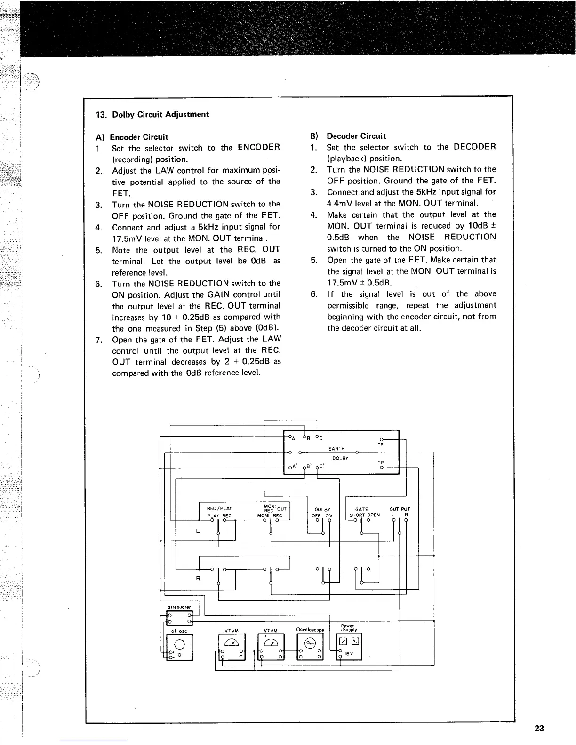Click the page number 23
click(x=539, y=729)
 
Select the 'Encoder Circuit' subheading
click(x=139, y=137)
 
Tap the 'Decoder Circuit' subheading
click(x=356, y=136)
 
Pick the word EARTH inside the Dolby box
click(x=336, y=449)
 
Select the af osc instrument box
click(x=179, y=647)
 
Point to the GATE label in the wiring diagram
click(x=361, y=509)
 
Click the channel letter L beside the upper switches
click(x=198, y=531)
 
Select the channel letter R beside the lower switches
click(x=198, y=578)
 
